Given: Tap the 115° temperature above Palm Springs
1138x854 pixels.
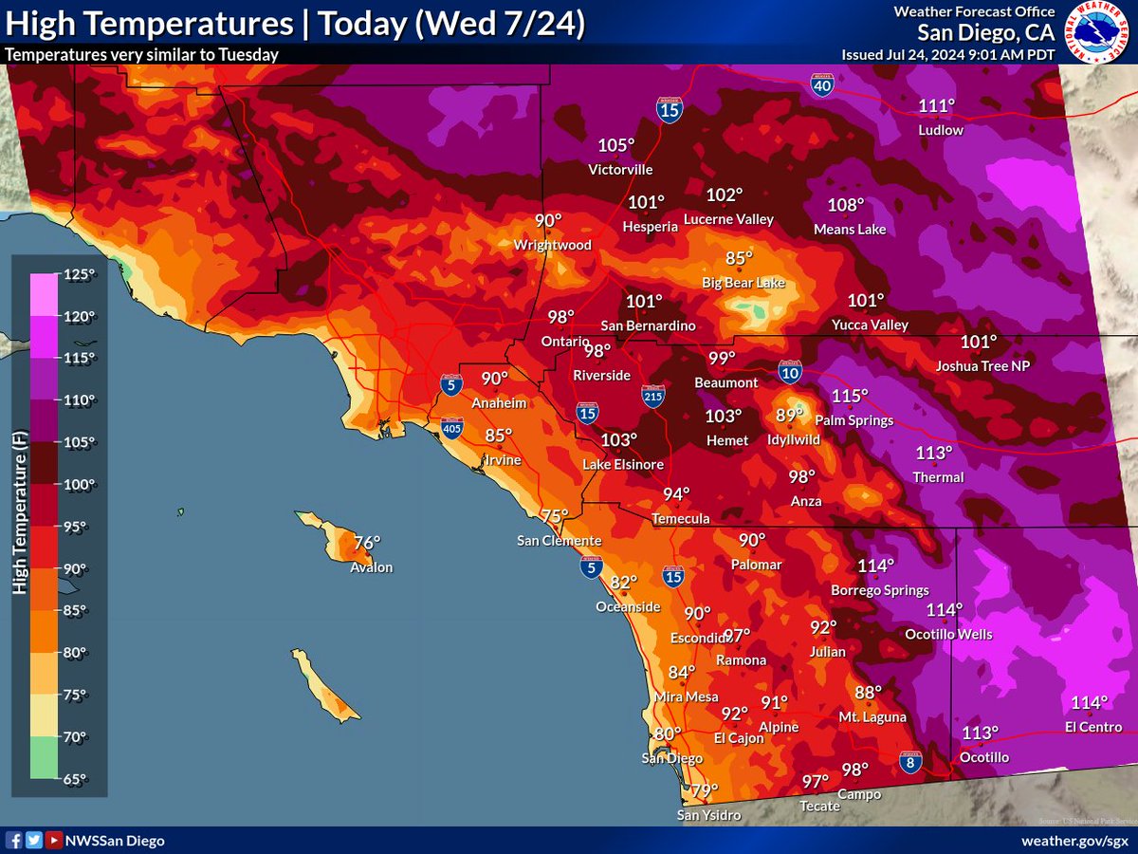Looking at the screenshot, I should click(850, 396).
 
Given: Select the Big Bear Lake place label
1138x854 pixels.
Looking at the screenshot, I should click(743, 283).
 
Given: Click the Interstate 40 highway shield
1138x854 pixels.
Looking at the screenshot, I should click(822, 85).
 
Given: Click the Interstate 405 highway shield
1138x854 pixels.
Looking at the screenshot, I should click(452, 430).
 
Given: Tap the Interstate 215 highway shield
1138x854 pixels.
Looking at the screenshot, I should click(652, 397).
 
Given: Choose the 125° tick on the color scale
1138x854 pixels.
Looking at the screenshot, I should click(80, 275).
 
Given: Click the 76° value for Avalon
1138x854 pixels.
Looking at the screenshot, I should click(367, 543).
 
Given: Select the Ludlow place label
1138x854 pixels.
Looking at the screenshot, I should click(941, 129).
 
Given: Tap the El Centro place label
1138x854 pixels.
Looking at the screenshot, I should click(1092, 727).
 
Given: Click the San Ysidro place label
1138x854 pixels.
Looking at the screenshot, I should click(708, 815).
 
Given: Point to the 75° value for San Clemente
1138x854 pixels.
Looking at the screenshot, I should click(554, 515).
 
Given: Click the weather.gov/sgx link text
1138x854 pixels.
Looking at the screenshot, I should click(1074, 841).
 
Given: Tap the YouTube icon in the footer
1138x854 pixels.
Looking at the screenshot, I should click(55, 840).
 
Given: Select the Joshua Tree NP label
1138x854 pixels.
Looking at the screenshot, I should click(982, 365).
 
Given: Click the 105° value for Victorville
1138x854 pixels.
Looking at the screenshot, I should click(615, 145).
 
